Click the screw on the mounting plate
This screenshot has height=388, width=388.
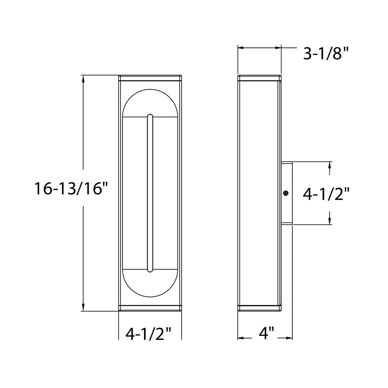click(x=286, y=193)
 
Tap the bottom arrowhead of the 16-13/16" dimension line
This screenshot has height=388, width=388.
click(x=83, y=307)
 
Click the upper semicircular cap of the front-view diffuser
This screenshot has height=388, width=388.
click(x=150, y=103)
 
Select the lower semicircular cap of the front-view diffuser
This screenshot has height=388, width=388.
click(x=150, y=283)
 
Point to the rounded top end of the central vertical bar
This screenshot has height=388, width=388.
click(x=150, y=116)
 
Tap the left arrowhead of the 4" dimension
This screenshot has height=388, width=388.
click(x=241, y=338)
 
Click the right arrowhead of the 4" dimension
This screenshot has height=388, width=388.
click(x=289, y=338)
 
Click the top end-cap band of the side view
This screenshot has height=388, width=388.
click(x=259, y=78)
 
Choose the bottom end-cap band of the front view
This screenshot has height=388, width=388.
click(x=150, y=308)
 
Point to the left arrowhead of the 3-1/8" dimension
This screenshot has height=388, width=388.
click(x=241, y=48)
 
